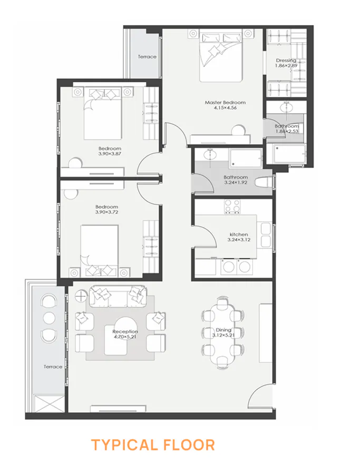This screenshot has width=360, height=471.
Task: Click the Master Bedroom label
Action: point(226,103)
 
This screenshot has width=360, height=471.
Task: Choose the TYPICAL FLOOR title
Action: point(153,445)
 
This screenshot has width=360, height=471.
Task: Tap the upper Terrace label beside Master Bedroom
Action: point(147,56)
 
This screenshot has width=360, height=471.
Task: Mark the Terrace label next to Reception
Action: point(53,367)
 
